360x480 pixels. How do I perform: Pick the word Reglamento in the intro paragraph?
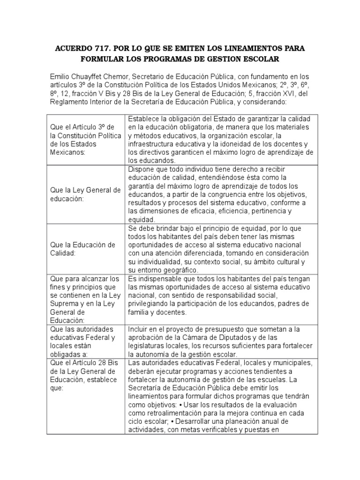(68, 102)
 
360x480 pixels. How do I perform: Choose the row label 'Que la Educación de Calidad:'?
(82, 249)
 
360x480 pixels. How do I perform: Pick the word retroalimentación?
(171, 413)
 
